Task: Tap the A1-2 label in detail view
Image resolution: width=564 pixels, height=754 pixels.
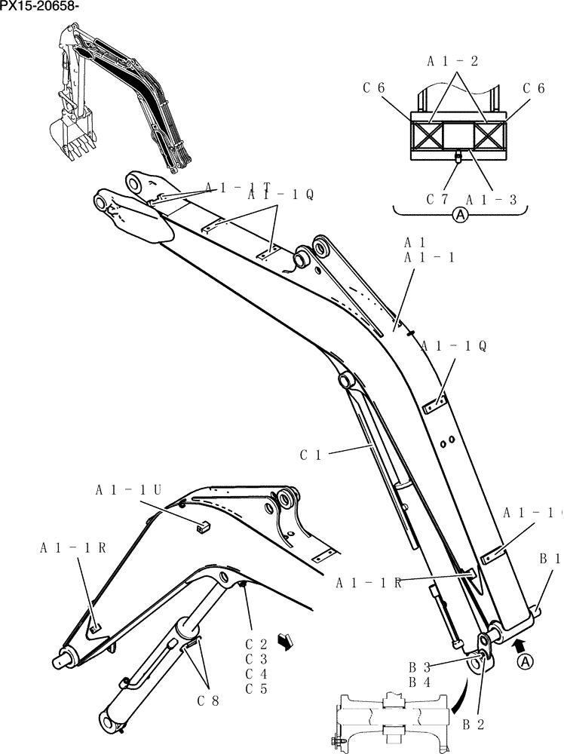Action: [x=453, y=61]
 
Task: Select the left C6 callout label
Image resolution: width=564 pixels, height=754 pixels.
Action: [x=374, y=88]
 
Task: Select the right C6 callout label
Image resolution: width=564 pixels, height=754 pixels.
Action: [x=534, y=88]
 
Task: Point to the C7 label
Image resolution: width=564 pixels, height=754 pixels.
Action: [x=438, y=200]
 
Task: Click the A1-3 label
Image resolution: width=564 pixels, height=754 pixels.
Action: [x=491, y=200]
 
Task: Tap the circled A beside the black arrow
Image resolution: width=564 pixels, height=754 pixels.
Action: [x=526, y=661]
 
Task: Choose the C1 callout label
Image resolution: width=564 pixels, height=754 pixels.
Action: [x=311, y=455]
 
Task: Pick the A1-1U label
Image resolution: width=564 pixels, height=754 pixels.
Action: [x=129, y=489]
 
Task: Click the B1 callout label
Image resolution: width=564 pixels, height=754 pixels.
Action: [x=549, y=559]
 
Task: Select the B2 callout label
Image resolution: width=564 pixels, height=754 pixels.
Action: [x=472, y=725]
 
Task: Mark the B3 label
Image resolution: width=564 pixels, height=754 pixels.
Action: [x=419, y=667]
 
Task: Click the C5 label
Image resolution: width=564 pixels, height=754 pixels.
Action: [x=257, y=688]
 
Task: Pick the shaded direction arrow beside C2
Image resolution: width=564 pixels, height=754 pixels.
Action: [x=285, y=642]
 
